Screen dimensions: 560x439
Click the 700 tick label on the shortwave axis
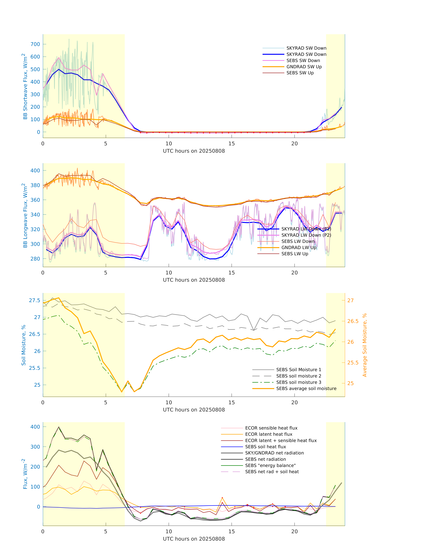35,44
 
